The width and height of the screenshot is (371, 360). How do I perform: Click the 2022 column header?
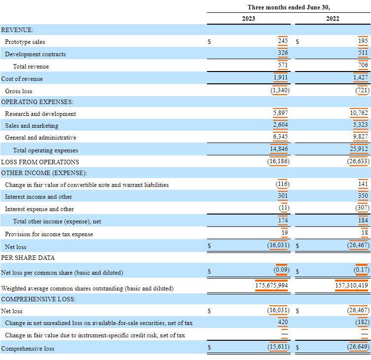coord(332,19)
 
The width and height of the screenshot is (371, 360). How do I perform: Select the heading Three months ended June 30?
coord(288,7)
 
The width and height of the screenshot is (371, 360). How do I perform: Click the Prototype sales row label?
coord(25,42)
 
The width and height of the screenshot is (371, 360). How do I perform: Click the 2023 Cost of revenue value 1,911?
coord(281,77)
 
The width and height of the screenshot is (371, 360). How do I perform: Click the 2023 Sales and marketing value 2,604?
coord(281,125)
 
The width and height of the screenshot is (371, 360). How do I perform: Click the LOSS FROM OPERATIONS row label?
coord(40,162)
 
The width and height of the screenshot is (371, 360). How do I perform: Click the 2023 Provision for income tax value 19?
coord(285,232)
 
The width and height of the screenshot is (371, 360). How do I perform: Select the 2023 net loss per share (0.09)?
coord(281,270)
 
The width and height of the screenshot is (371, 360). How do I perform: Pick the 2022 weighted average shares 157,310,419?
coord(351,286)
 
